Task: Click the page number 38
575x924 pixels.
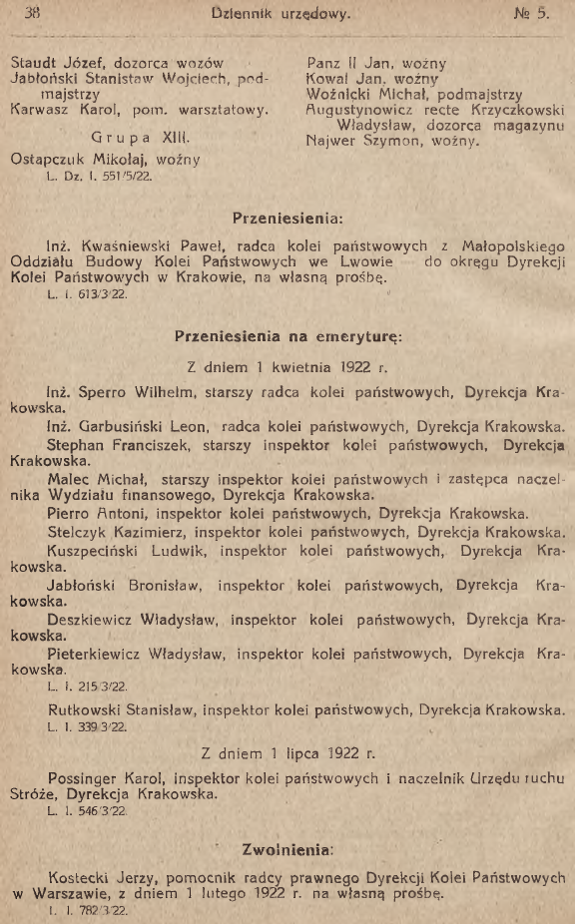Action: pyautogui.click(x=30, y=13)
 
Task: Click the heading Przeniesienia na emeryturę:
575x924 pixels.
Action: pyautogui.click(x=287, y=336)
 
